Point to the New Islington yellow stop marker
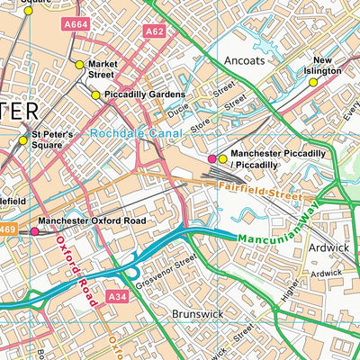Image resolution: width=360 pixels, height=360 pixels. click(x=313, y=82)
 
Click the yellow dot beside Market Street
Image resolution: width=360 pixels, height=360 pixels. click(x=79, y=65)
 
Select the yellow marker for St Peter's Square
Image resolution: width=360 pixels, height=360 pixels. click(x=23, y=139)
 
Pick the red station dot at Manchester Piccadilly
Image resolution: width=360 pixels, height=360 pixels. click(x=212, y=159)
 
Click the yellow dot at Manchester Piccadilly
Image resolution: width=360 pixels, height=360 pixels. click(x=223, y=159)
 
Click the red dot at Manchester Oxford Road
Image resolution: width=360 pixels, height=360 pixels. click(x=35, y=231)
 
